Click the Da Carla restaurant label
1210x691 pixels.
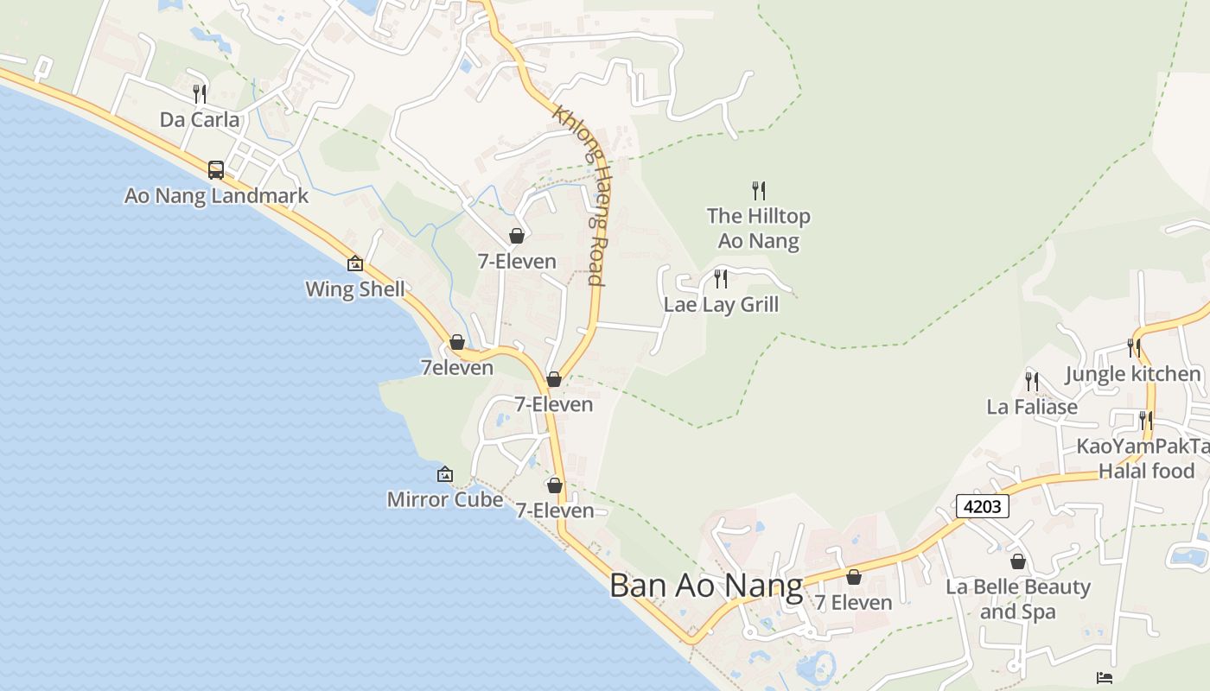click(x=200, y=119)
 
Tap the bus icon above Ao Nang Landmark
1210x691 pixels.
click(x=216, y=170)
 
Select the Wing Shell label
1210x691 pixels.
click(x=355, y=288)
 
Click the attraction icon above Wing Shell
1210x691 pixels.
click(x=355, y=263)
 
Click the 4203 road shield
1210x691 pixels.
click(x=983, y=506)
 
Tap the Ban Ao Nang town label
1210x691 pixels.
click(x=706, y=586)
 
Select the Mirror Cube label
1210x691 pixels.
click(x=445, y=499)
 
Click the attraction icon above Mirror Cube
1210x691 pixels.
click(x=445, y=474)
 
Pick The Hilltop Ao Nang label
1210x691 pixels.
click(x=759, y=228)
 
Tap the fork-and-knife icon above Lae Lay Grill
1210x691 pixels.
click(x=721, y=279)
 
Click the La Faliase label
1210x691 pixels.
click(x=1032, y=406)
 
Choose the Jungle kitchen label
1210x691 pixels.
click(x=1133, y=374)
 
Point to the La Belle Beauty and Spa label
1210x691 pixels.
click(x=1018, y=599)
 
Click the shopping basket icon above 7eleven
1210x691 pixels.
click(x=457, y=343)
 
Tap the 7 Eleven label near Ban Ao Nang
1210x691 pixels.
click(x=854, y=602)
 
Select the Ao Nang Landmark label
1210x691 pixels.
click(x=216, y=195)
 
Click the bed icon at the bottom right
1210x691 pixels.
click(x=1105, y=677)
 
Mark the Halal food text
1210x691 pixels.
click(x=1146, y=471)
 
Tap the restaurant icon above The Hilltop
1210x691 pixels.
click(x=759, y=190)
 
